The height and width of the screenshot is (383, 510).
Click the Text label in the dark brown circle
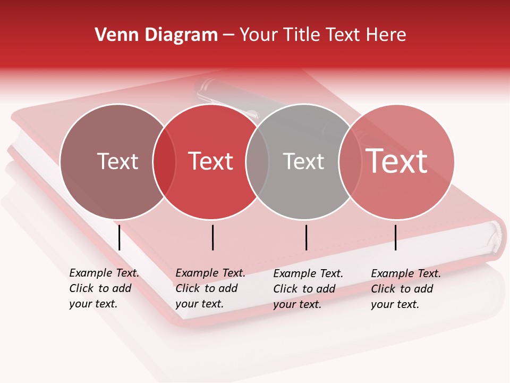tap(117, 161)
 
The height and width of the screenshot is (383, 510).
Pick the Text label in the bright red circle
tap(211, 161)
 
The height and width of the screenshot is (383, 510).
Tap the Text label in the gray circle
tap(303, 161)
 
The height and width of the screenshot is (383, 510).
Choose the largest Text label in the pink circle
tap(397, 161)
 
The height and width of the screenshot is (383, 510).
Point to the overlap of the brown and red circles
tap(164, 162)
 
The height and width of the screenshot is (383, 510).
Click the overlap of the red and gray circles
tap(257, 162)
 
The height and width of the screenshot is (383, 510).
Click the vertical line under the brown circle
tap(120, 237)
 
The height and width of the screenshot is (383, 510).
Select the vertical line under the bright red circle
tap(212, 237)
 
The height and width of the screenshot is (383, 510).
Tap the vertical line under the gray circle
tap(307, 237)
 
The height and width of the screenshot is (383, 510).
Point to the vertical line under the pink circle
tap(396, 237)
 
